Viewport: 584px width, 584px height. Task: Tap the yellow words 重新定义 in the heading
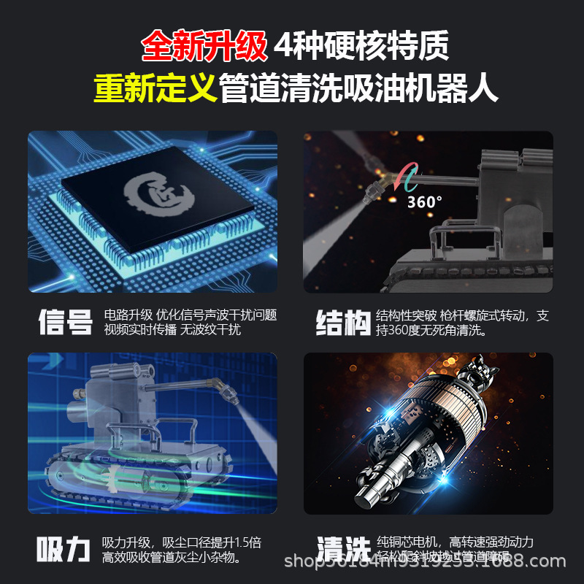[155, 89]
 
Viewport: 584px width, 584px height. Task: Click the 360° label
[425, 201]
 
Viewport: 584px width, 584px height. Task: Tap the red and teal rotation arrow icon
[407, 178]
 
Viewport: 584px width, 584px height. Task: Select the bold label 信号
[65, 323]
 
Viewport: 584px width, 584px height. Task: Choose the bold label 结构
[342, 323]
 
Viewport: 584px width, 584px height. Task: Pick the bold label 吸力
[64, 550]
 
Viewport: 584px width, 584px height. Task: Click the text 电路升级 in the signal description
[128, 315]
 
